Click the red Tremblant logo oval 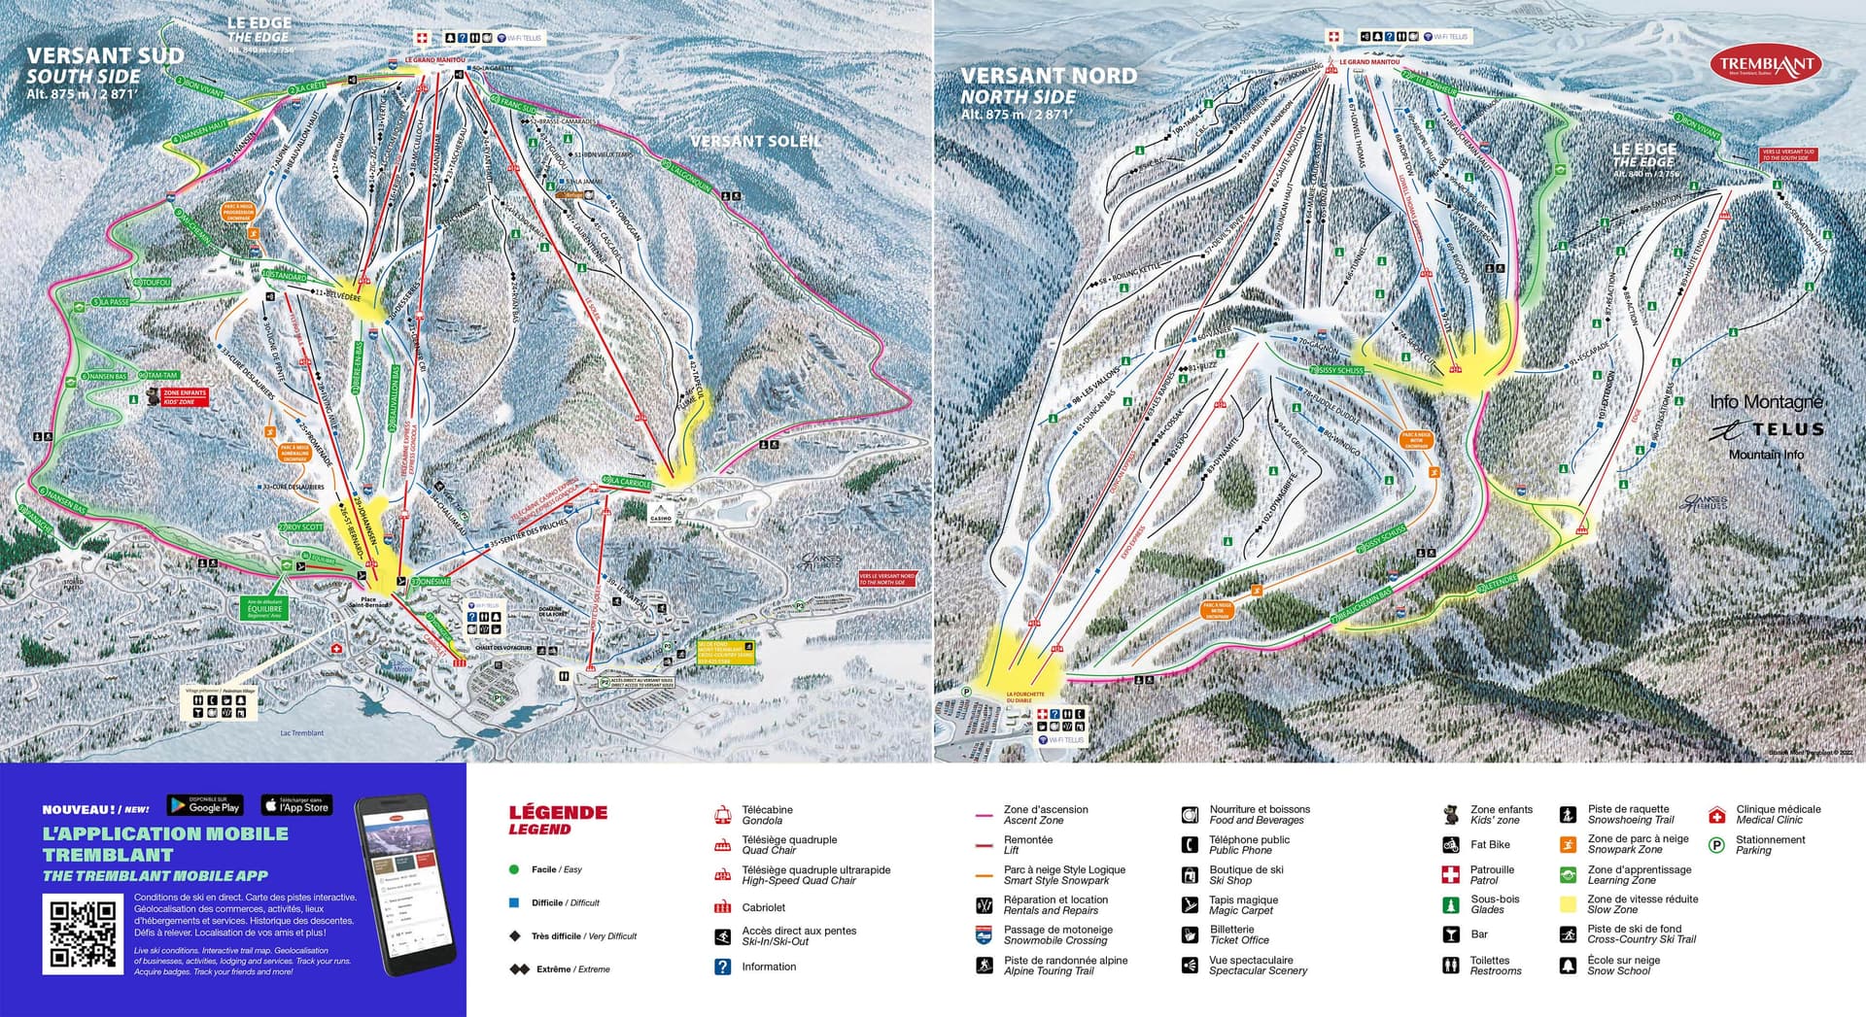[x=1765, y=65]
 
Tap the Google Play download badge [x=204, y=805]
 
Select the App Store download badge [x=296, y=805]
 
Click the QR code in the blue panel [x=83, y=933]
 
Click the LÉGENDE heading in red [x=558, y=813]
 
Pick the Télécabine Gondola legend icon [x=722, y=815]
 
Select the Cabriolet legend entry [x=763, y=907]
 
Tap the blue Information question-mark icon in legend [x=722, y=966]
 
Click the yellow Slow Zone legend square [x=1568, y=904]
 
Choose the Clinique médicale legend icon [x=1716, y=815]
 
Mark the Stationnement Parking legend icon [x=1716, y=845]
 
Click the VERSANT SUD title [x=105, y=56]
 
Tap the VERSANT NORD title [x=1048, y=76]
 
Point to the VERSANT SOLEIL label [x=755, y=142]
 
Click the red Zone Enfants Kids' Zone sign [x=184, y=397]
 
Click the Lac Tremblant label [x=301, y=733]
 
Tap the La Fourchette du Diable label [x=1024, y=697]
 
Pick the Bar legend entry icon [x=1450, y=934]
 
